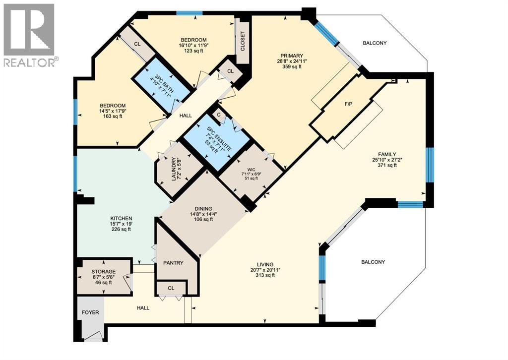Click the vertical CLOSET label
pos(243,42)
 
